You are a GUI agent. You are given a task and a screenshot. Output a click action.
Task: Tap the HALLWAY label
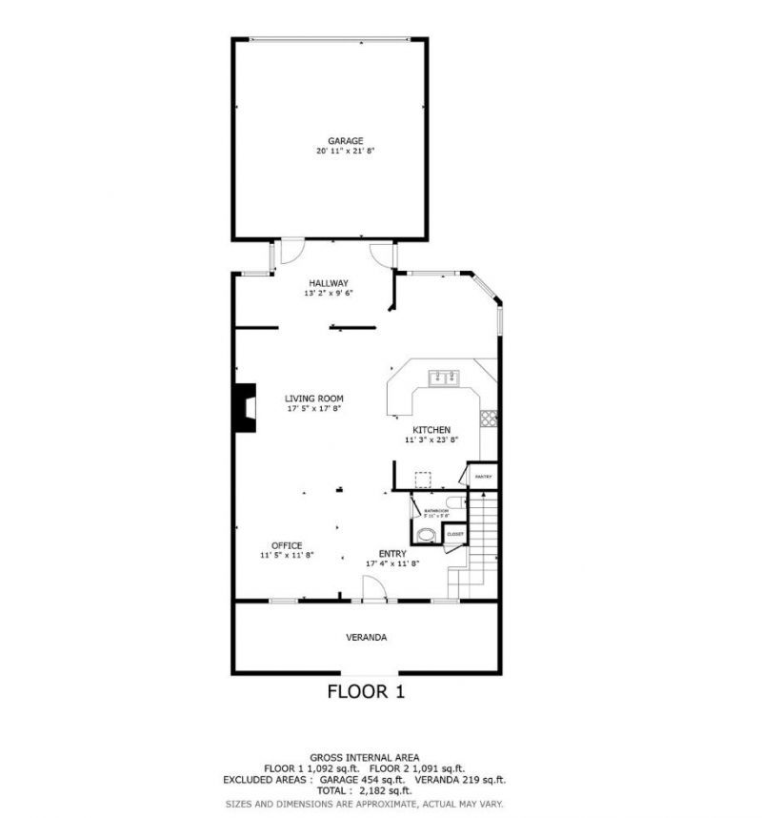328,283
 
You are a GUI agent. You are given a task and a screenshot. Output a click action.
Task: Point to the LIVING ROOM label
314,399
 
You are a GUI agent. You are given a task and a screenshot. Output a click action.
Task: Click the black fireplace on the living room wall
247,408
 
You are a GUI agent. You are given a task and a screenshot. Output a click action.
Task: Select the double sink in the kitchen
443,378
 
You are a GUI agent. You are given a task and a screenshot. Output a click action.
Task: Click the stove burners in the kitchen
489,417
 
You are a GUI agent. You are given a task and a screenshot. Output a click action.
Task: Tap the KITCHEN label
428,430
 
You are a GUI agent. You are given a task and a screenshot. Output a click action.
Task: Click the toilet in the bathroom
453,503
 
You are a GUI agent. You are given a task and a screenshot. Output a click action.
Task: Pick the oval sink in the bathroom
429,535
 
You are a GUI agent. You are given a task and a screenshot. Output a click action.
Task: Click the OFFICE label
287,545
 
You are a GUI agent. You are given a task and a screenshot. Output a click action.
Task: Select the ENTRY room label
392,553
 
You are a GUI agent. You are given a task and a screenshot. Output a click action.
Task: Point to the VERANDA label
366,637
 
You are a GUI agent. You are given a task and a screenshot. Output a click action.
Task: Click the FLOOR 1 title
366,692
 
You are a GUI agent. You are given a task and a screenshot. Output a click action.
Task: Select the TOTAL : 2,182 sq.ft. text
366,790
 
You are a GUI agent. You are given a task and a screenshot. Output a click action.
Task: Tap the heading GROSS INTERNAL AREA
366,756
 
